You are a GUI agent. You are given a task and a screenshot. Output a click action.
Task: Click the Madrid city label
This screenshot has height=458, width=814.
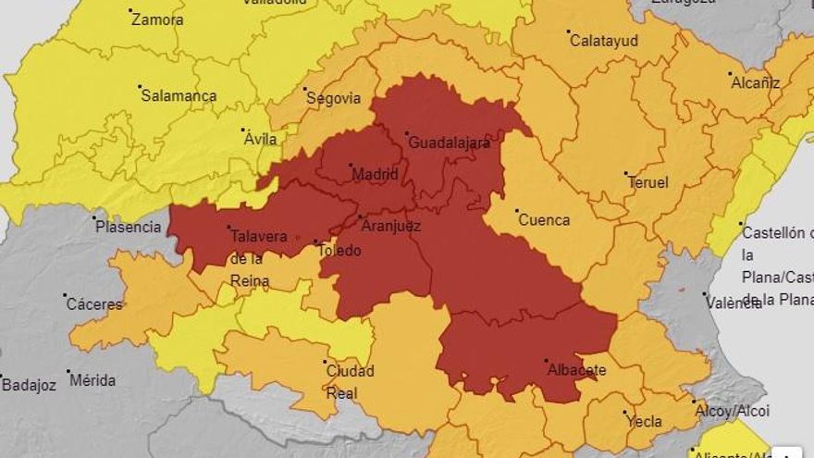[376, 175]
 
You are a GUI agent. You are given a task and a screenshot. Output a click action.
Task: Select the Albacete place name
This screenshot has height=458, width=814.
[576, 370]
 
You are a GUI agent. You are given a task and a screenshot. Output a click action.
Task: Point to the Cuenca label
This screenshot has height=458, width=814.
[544, 220]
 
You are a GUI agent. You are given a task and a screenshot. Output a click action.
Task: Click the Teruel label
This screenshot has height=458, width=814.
[647, 182]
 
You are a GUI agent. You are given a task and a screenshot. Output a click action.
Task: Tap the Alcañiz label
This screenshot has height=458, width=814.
[756, 83]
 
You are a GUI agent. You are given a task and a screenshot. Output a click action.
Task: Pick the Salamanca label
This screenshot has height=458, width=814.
[179, 96]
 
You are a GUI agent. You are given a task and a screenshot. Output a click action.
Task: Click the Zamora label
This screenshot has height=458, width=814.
[157, 19]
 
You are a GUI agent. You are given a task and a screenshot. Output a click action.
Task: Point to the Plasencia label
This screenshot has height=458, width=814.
[129, 227]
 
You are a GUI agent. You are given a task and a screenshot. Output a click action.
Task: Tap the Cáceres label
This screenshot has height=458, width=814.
[94, 303]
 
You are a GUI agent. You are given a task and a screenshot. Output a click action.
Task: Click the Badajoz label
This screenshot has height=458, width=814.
[29, 384]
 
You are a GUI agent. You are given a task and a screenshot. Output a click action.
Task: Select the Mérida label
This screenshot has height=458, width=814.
[92, 380]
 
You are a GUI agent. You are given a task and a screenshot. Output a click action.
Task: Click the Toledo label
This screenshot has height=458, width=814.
[339, 250]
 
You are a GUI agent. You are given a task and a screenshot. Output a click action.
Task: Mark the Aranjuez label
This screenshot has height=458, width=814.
[391, 226]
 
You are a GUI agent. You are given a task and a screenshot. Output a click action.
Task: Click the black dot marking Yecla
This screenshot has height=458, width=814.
[625, 413]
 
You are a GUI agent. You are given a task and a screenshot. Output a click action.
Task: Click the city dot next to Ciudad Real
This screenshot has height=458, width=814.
[325, 362]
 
